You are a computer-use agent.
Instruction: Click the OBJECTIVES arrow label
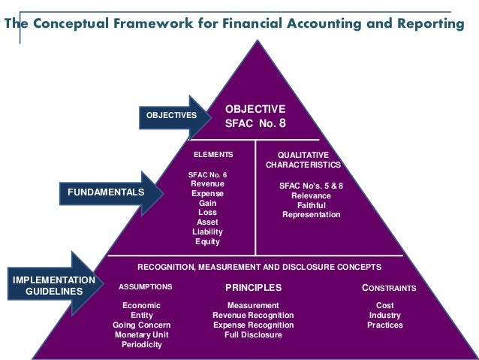click(170, 116)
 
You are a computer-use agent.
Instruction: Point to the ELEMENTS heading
click(213, 154)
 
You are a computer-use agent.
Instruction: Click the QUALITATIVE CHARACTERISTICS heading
click(303, 159)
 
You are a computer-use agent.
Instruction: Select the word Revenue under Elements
click(207, 183)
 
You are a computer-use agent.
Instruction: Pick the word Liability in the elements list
click(207, 232)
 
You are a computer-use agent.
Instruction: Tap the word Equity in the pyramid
click(207, 242)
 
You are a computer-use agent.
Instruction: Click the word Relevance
click(311, 195)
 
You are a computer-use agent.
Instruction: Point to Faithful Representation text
click(311, 210)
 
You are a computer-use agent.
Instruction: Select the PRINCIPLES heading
click(253, 287)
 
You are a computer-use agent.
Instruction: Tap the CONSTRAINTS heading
click(389, 287)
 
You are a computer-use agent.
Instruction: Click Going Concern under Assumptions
click(142, 325)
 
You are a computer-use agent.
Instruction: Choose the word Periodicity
click(142, 344)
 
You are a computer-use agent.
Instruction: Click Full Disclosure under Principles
click(253, 334)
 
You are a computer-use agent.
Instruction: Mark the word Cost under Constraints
click(385, 305)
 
